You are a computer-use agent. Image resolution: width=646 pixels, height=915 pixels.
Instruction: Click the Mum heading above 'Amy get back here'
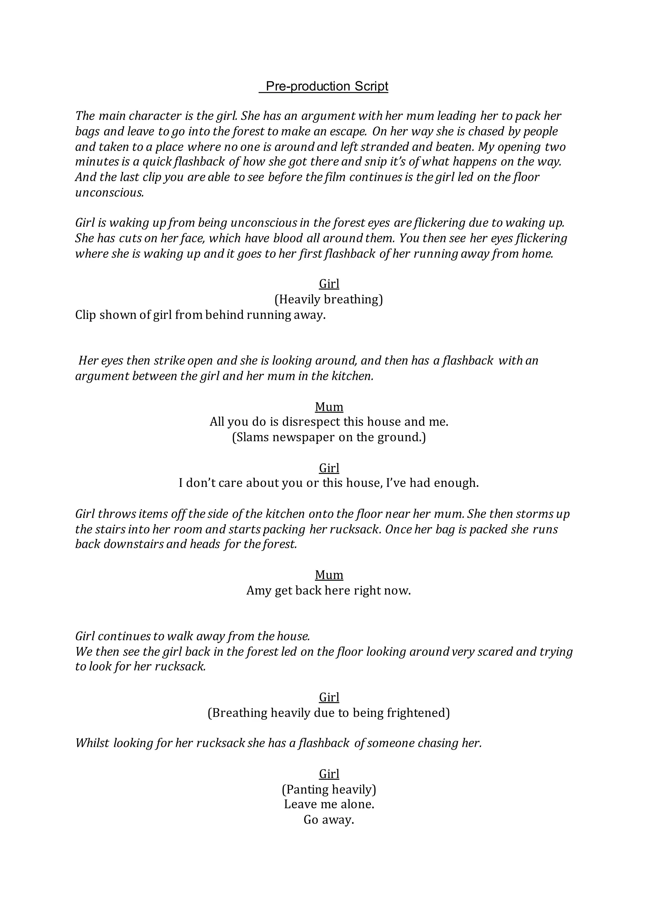point(329,575)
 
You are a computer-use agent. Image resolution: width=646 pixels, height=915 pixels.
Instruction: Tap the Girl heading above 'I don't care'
point(329,468)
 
